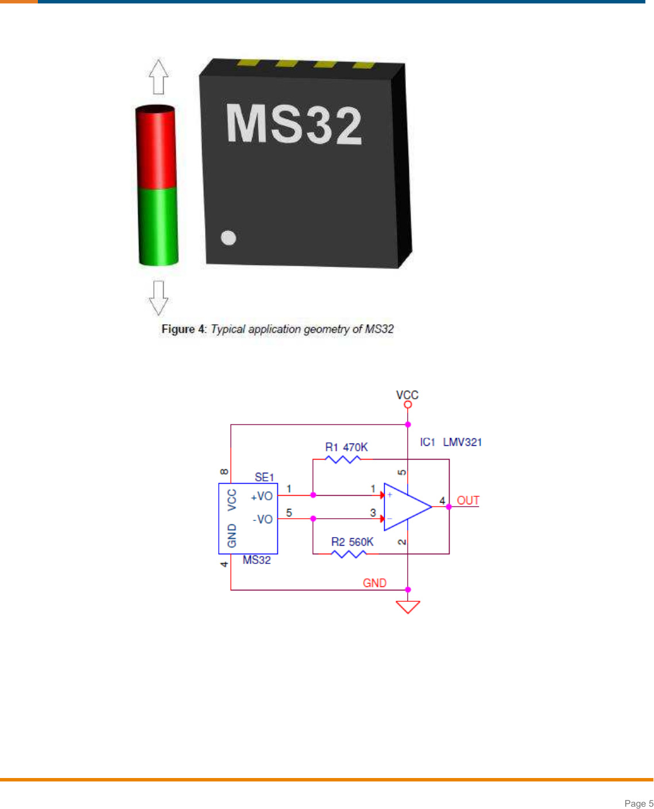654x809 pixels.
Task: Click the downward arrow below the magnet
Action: [x=158, y=298]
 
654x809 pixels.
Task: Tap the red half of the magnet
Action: [x=156, y=147]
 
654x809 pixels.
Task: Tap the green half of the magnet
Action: [x=158, y=227]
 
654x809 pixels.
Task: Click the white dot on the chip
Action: [x=229, y=238]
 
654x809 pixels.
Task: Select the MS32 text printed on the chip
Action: [x=294, y=124]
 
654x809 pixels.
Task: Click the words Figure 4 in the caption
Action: [x=183, y=329]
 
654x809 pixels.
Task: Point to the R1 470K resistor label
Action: [x=346, y=447]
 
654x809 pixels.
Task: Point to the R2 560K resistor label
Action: [x=352, y=542]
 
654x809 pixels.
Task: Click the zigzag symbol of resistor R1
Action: [x=343, y=459]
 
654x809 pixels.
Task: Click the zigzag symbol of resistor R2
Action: [x=349, y=554]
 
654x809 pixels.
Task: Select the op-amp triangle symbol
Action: [x=405, y=507]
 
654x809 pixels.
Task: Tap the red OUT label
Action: [x=468, y=500]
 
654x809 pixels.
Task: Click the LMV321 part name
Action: [x=462, y=442]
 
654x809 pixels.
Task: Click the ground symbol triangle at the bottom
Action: [x=408, y=606]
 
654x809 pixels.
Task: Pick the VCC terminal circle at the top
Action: [x=408, y=404]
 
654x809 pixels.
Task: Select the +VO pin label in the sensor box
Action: [x=262, y=496]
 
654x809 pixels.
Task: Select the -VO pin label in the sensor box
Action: [x=262, y=519]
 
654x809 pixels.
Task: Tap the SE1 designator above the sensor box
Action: [x=264, y=477]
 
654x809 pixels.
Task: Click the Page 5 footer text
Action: [x=638, y=803]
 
